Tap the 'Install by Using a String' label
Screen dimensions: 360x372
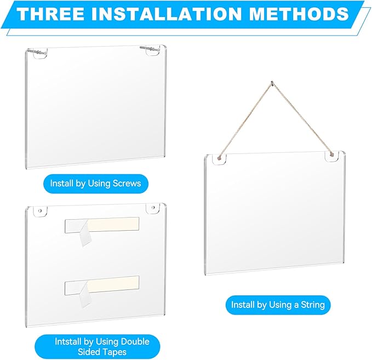tap(278, 304)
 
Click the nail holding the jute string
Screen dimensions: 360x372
tap(272, 84)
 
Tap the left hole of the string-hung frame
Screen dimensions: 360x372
tap(220, 159)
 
